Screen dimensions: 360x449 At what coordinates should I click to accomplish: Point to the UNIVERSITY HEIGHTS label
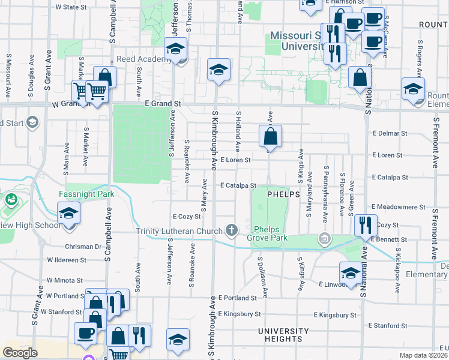click(x=283, y=331)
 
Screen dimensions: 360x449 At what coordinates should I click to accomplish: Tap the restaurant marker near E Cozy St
click(x=366, y=226)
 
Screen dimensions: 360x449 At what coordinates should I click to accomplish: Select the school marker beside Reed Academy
click(x=176, y=49)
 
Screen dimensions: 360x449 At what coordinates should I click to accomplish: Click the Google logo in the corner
click(x=20, y=353)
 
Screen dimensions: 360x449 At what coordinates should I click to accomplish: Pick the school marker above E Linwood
click(x=351, y=274)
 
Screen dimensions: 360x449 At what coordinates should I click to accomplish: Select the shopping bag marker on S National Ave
click(x=360, y=79)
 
